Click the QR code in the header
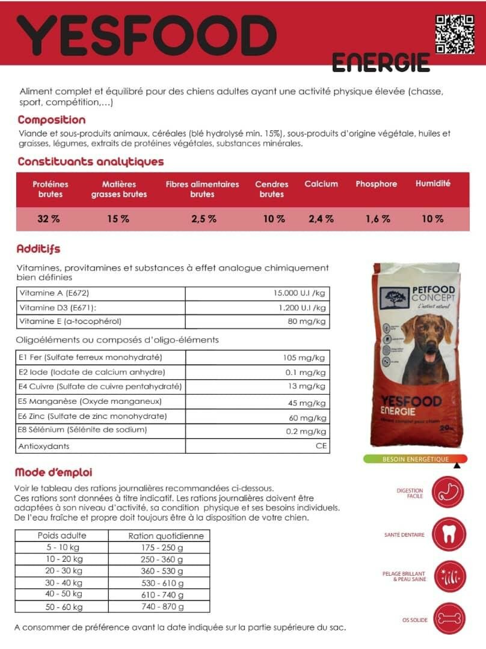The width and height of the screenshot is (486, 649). pyautogui.click(x=455, y=34)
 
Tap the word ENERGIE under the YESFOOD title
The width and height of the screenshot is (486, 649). pyautogui.click(x=381, y=62)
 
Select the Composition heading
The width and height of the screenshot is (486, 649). pyautogui.click(x=52, y=120)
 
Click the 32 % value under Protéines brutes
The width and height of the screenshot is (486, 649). pyautogui.click(x=49, y=219)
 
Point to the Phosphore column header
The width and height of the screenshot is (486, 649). pyautogui.click(x=376, y=184)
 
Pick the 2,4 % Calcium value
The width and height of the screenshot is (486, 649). pyautogui.click(x=321, y=219)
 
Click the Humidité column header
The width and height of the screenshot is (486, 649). pyautogui.click(x=432, y=184)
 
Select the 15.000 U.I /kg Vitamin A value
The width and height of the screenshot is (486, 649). pyautogui.click(x=299, y=293)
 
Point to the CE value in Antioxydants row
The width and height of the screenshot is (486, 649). pyautogui.click(x=321, y=446)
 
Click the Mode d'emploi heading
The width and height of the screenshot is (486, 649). pyautogui.click(x=54, y=472)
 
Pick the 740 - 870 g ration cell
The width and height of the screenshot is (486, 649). pyautogui.click(x=162, y=606)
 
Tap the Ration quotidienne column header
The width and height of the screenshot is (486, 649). pyautogui.click(x=166, y=535)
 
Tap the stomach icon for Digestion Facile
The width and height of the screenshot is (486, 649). pyautogui.click(x=448, y=493)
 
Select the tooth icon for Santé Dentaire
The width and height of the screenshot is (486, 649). pyautogui.click(x=448, y=535)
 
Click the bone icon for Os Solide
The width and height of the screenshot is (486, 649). pyautogui.click(x=448, y=618)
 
